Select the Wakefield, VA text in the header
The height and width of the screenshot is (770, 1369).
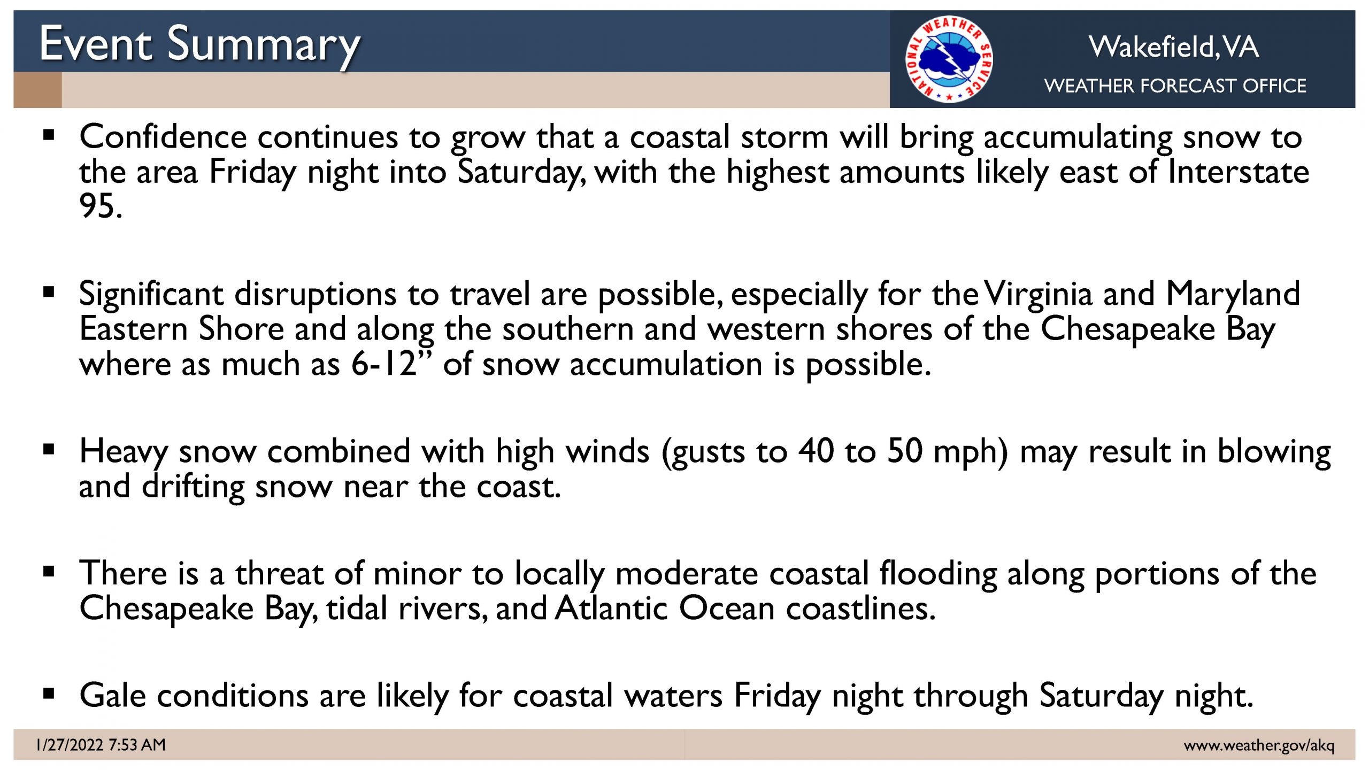(x=1174, y=47)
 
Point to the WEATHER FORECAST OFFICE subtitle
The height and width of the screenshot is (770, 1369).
(x=1175, y=86)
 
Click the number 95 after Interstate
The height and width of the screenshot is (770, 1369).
(x=101, y=206)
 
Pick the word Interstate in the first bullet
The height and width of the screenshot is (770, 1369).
(x=1238, y=172)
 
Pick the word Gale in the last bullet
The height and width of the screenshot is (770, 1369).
(x=112, y=696)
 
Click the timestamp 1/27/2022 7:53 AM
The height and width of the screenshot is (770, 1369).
(x=101, y=745)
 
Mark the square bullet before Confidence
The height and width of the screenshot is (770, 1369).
(x=49, y=136)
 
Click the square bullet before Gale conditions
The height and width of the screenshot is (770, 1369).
(x=49, y=694)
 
